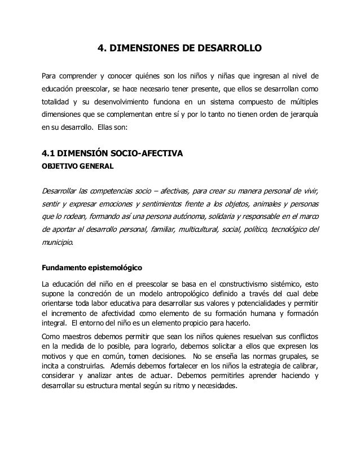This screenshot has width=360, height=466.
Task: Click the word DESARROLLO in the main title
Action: [230, 49]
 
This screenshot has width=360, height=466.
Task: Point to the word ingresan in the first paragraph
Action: [272, 76]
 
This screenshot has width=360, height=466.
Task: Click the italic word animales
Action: [264, 203]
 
